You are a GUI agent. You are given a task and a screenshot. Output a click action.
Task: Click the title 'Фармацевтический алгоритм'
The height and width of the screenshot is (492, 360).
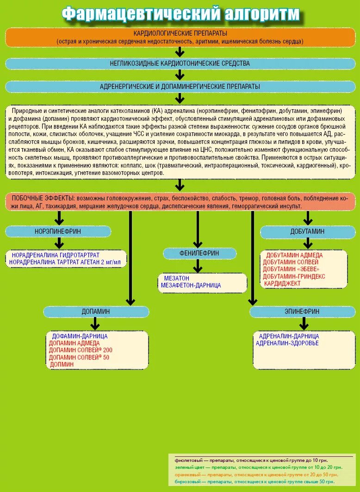180,14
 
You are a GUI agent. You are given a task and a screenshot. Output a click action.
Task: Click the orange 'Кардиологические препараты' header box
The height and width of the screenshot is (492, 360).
180,37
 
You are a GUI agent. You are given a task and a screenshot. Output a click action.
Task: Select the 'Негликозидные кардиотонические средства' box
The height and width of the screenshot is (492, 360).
180,63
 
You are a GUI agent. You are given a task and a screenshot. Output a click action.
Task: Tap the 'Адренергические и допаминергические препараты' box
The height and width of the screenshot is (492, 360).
180,87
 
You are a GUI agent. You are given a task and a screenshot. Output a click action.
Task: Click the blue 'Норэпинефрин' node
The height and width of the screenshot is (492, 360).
58,231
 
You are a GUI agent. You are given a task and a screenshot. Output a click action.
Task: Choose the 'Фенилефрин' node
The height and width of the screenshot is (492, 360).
199,254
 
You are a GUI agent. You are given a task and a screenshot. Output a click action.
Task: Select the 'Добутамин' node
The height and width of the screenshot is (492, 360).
308,231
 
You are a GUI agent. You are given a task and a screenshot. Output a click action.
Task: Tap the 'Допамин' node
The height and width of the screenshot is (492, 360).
96,311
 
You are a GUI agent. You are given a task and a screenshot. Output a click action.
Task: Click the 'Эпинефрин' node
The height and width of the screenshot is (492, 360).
302,312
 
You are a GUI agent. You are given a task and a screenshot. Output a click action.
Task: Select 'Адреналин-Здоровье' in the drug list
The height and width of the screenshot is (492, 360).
287,343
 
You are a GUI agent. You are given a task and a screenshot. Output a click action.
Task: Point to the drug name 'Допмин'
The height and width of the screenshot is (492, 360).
62,364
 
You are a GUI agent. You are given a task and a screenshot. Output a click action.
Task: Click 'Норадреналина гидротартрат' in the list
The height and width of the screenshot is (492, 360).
56,255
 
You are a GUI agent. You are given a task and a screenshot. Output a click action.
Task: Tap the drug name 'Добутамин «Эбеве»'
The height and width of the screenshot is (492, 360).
291,269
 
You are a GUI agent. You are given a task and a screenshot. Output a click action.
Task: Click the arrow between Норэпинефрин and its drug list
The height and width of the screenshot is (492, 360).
59,243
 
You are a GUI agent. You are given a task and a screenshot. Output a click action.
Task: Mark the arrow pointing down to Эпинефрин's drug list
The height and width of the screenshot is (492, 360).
304,323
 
